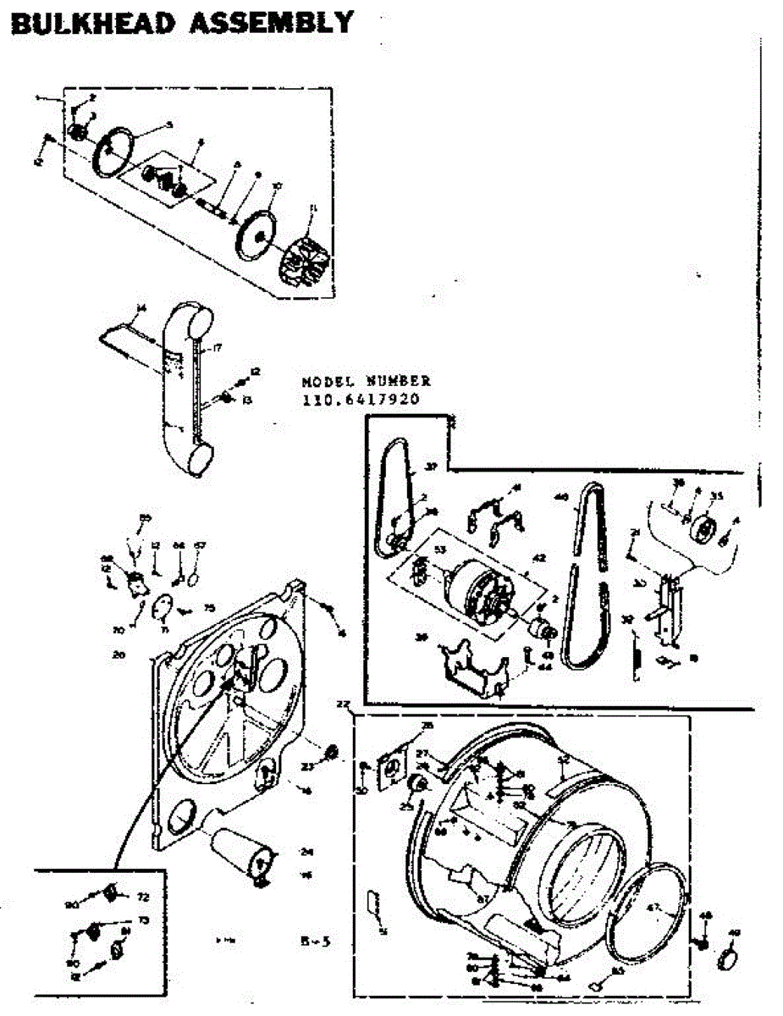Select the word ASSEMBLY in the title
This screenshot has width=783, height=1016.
coord(270,22)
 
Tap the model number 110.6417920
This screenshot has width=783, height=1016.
coord(361,400)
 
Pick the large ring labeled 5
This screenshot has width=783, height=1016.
coord(114,152)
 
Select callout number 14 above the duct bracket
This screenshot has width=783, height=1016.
coord(141,306)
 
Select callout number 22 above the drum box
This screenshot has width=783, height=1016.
coord(343,705)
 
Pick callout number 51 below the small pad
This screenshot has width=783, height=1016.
coord(383,931)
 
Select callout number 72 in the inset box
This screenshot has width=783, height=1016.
coord(142,896)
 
